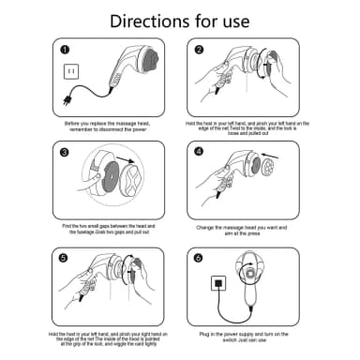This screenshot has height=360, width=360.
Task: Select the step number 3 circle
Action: point(65,153)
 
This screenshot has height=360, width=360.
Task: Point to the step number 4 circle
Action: point(200,153)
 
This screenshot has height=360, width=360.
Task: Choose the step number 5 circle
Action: point(65,256)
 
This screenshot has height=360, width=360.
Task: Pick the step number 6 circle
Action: point(200,256)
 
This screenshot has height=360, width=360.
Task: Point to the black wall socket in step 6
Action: point(217,281)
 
